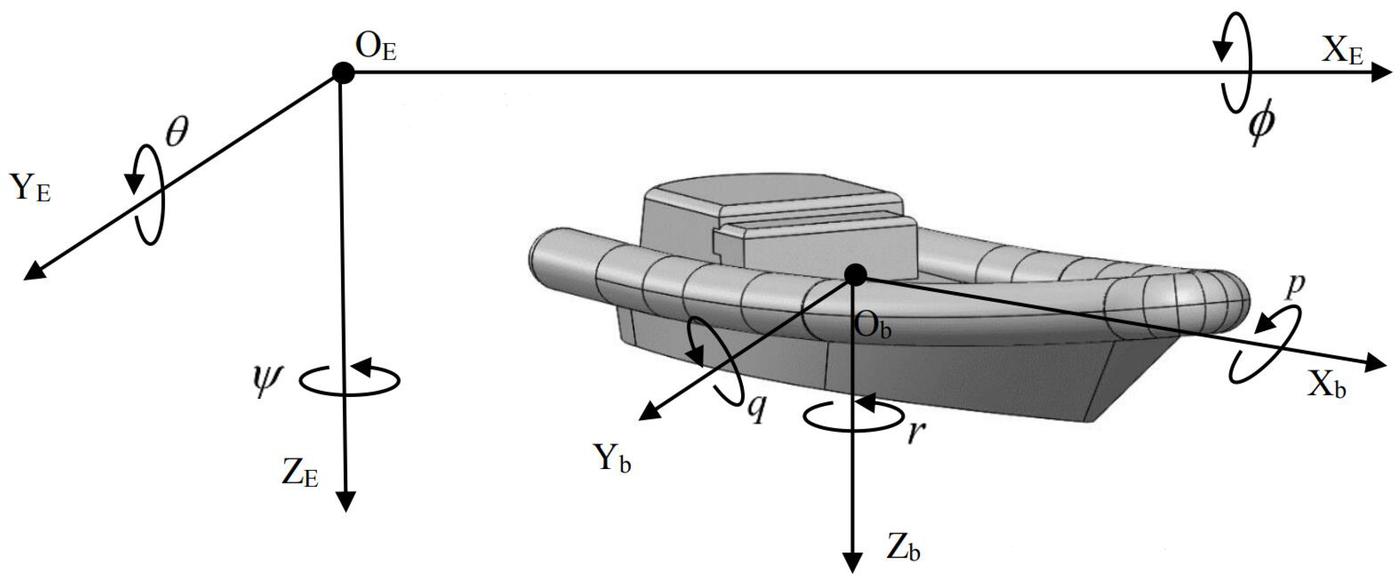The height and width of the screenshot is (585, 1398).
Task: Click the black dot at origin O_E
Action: (x=343, y=73)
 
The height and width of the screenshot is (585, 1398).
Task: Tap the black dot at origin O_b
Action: (x=856, y=274)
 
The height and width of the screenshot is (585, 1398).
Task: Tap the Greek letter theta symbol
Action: (x=177, y=132)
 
